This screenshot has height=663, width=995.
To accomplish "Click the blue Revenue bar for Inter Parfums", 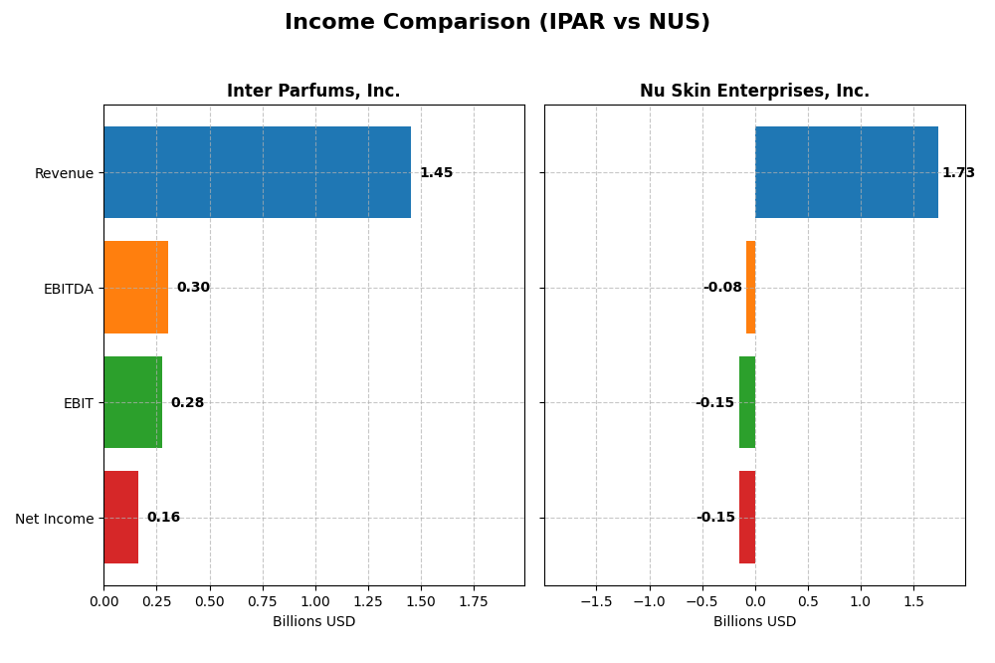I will click(257, 172).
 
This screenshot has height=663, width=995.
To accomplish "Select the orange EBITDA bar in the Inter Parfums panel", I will click(136, 288).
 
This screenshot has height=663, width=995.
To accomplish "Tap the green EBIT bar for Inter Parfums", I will click(132, 402).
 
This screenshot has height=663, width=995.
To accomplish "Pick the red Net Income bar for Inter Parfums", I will click(120, 518).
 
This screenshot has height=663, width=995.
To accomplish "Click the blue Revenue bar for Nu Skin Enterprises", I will click(846, 172).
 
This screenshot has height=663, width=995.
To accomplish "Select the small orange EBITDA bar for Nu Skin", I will click(750, 288).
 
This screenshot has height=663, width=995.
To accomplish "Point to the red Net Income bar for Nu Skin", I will click(747, 518).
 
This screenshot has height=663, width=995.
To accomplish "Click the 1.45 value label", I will click(436, 173).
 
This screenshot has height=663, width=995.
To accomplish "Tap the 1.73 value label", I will click(958, 173).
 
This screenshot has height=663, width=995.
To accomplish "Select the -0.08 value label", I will click(722, 288).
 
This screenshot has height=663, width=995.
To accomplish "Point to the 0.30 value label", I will click(193, 288).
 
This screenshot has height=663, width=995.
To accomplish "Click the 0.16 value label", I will click(163, 518).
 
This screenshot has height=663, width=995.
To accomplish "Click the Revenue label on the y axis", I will click(64, 173).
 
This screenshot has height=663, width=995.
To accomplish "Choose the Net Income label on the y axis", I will click(54, 519).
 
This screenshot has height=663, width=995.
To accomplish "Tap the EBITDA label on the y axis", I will click(68, 289).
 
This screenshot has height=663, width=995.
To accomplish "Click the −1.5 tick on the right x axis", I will click(596, 601).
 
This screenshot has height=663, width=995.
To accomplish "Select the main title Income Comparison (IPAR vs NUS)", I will click(497, 23).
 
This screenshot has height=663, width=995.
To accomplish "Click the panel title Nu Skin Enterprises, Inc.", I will click(754, 92).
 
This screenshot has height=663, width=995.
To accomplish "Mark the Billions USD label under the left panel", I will click(313, 622).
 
